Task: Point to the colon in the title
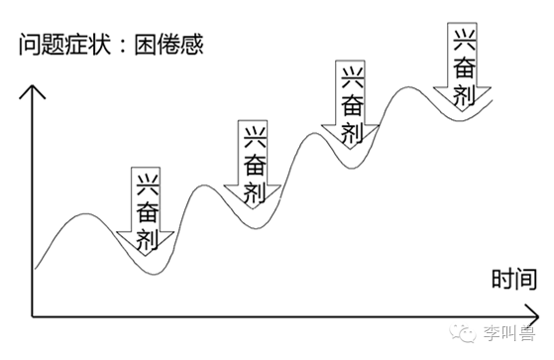125,45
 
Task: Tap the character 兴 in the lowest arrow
147,183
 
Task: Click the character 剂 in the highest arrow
463,93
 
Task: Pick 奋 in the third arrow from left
351,106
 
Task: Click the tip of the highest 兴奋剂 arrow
463,115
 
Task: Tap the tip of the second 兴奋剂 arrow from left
253,211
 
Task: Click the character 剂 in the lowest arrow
147,235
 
